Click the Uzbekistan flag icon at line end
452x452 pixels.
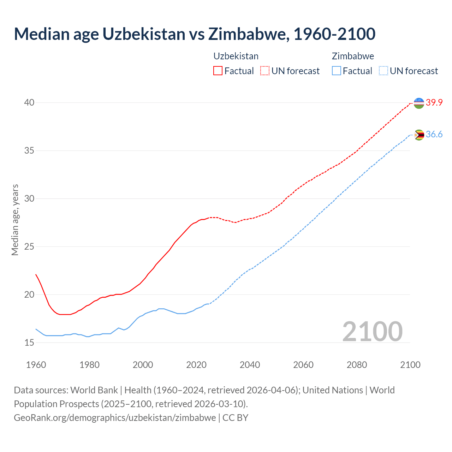click(419, 103)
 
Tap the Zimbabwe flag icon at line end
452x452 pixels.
click(419, 135)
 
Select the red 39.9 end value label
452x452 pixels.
click(434, 103)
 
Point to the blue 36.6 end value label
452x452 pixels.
click(434, 135)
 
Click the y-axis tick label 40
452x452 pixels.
click(29, 103)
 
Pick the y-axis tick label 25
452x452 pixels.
click(29, 246)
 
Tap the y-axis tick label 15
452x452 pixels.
click(29, 343)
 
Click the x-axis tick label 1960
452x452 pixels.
click(36, 365)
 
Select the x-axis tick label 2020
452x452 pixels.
click(196, 365)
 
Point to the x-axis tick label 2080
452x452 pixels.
click(357, 365)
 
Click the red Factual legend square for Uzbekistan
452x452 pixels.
click(218, 71)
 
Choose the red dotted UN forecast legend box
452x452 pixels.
click(265, 71)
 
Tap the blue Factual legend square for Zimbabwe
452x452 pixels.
click(337, 71)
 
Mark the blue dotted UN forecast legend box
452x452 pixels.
click(383, 71)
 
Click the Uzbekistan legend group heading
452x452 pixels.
click(236, 56)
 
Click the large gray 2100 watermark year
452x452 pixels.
click(373, 332)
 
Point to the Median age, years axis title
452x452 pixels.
click(15, 220)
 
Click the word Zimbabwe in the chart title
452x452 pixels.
click(248, 34)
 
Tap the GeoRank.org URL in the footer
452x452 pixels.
click(115, 418)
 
